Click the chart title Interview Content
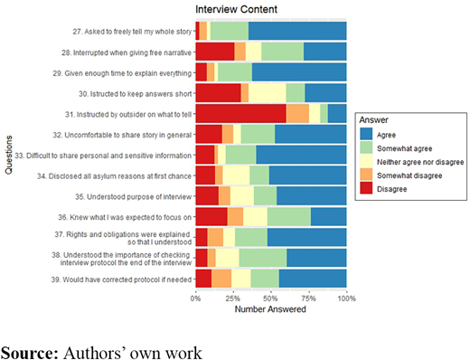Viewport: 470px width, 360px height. (236, 9)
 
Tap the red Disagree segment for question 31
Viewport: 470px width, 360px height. (241, 114)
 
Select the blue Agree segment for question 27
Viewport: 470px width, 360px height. (297, 31)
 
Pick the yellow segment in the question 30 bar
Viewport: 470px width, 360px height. (268, 93)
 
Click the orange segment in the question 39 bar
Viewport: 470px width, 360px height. (221, 279)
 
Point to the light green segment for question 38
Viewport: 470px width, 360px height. (263, 258)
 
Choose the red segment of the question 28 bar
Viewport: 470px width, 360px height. (215, 52)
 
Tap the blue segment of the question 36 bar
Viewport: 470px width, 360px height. (329, 216)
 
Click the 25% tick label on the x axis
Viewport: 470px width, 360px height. (233, 298)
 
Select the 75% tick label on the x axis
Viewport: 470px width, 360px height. (308, 298)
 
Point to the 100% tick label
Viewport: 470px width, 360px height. (346, 298)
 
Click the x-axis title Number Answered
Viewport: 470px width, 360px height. (270, 309)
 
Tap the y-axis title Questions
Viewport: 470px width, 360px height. (9, 155)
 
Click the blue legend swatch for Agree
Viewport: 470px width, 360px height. (366, 135)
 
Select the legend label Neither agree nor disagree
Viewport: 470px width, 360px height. (420, 162)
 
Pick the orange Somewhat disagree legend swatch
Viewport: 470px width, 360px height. (366, 175)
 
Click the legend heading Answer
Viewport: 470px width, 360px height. (373, 120)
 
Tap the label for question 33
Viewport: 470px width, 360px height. (103, 156)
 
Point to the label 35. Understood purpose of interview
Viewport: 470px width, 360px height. (134, 197)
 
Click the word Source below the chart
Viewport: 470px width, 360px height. (30, 353)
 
